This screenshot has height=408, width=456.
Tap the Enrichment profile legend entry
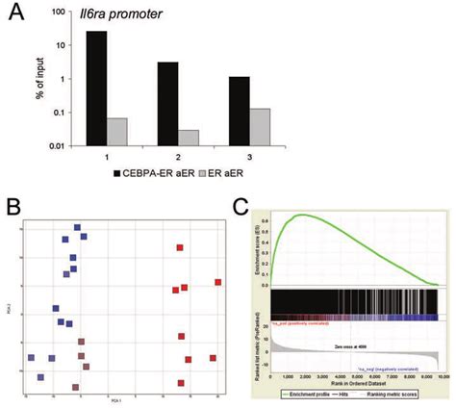tap(306, 395)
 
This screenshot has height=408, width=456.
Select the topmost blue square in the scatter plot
tap(77, 228)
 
